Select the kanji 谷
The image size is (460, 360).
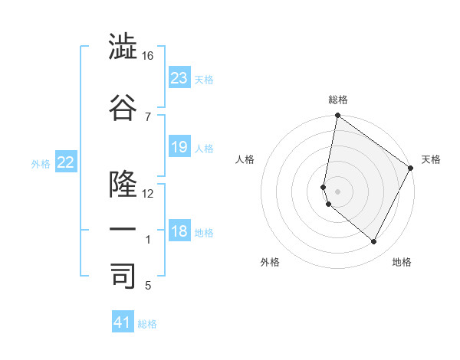(x=123, y=107)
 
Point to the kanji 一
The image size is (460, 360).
(x=123, y=229)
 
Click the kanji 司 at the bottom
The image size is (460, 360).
(x=123, y=275)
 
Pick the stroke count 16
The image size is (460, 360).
(x=147, y=56)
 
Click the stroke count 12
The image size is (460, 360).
(x=147, y=194)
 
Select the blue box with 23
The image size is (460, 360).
(x=179, y=77)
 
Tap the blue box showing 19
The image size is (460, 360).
(x=179, y=147)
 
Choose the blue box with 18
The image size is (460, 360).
(x=179, y=231)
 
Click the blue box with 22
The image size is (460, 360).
(x=66, y=162)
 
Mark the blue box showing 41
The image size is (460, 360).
(x=123, y=322)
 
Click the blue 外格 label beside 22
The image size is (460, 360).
(x=41, y=163)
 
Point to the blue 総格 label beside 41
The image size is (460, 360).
(x=147, y=324)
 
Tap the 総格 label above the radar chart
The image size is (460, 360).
(x=338, y=100)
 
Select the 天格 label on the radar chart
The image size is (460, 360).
(x=431, y=159)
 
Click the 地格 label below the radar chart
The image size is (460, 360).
(x=402, y=262)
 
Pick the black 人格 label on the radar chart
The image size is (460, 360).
(x=245, y=159)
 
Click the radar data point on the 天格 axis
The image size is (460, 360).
(x=411, y=169)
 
